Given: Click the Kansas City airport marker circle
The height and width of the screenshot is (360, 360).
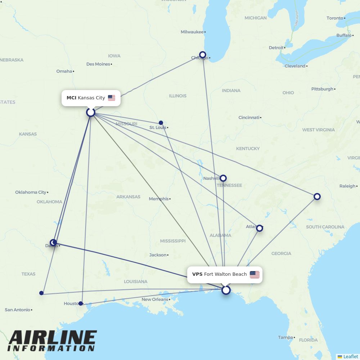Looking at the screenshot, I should click(x=91, y=112).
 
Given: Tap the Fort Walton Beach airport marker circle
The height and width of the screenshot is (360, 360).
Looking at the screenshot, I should click(x=226, y=290).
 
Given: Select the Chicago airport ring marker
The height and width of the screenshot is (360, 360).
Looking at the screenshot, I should click(x=203, y=55).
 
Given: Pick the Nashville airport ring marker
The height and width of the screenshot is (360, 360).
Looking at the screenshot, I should click(x=223, y=178).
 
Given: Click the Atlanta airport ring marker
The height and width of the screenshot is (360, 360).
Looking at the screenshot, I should click(x=260, y=228).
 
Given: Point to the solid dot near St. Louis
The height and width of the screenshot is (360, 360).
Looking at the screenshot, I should click(x=161, y=123).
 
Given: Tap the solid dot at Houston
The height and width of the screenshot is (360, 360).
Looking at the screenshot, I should click(x=81, y=303).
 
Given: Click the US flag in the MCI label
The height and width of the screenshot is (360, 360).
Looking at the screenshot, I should click(x=112, y=98).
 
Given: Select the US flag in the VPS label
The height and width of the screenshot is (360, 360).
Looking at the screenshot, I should click(x=255, y=275).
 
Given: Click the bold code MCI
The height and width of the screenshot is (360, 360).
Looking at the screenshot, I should click(x=71, y=98).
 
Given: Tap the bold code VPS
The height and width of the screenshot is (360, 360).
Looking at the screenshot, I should click(x=197, y=274).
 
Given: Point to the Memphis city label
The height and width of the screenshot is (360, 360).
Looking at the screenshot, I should click(x=159, y=199).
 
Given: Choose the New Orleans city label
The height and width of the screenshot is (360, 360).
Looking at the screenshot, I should click(x=155, y=300).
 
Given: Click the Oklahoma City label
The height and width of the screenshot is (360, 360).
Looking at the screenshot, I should click(x=31, y=192).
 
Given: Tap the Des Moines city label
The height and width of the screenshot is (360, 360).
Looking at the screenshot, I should click(x=98, y=64).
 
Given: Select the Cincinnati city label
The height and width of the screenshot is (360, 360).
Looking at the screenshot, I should click(x=249, y=117).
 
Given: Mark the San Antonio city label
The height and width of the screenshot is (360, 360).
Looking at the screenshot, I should click(x=17, y=310).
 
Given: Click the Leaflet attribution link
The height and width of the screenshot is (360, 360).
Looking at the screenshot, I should click(x=350, y=356).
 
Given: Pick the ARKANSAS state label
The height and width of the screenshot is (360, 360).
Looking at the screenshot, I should click(x=128, y=197).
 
